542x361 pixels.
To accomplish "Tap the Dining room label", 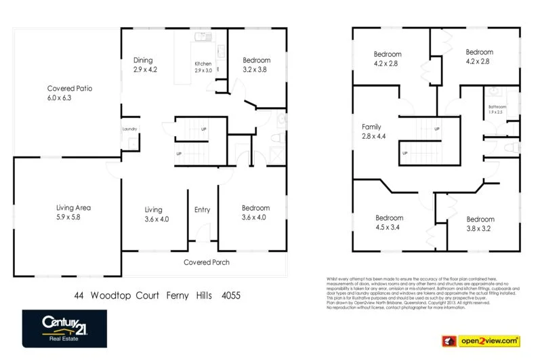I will pyautogui.click(x=143, y=60).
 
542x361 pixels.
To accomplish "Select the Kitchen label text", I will pyautogui.click(x=203, y=64).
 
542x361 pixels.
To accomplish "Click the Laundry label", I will pyautogui.click(x=129, y=129).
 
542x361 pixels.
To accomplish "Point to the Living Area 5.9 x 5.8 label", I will pyautogui.click(x=73, y=213).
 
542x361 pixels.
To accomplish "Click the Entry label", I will pyautogui.click(x=202, y=210).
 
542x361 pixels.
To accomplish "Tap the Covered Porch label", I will pyautogui.click(x=207, y=262).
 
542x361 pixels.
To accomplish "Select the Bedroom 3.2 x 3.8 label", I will pyautogui.click(x=256, y=64).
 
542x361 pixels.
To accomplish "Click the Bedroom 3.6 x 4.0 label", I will pyautogui.click(x=255, y=213).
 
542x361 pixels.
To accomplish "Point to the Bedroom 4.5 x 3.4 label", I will pyautogui.click(x=390, y=223).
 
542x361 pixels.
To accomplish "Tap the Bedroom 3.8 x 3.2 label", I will pyautogui.click(x=480, y=224).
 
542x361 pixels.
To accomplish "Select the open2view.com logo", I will pyautogui.click(x=480, y=340).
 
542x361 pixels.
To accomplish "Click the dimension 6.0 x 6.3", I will pyautogui.click(x=58, y=98).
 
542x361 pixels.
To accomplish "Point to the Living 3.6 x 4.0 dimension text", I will pyautogui.click(x=157, y=219).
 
